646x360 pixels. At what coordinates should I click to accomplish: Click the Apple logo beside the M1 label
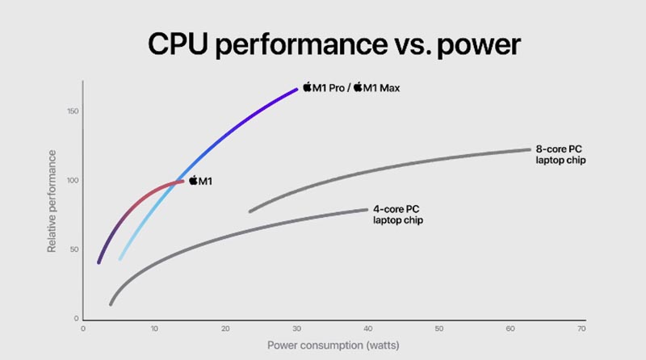click(194, 181)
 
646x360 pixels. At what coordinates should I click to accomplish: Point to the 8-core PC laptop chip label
click(560, 155)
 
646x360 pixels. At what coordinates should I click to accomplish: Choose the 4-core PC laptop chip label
click(397, 214)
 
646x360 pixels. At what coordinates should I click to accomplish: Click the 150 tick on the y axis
click(72, 111)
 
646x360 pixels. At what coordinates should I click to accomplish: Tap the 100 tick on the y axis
click(72, 180)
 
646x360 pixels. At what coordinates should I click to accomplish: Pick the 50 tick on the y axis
click(73, 249)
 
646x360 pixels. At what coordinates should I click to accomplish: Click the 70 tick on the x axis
click(581, 328)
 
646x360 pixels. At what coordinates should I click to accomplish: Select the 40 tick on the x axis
click(367, 328)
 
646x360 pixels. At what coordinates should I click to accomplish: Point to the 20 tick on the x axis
click(225, 328)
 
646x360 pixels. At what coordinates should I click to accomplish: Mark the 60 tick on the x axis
click(510, 328)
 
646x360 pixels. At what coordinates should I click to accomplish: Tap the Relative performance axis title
click(52, 200)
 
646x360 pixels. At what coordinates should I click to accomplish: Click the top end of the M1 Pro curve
click(297, 88)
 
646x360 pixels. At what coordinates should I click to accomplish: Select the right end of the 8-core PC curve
click(529, 149)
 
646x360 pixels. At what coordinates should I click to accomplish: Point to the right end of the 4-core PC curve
click(367, 210)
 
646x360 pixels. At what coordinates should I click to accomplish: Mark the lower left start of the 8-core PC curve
click(250, 211)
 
